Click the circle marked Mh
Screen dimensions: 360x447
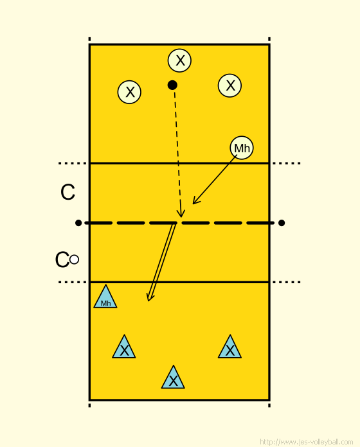(x=242, y=148)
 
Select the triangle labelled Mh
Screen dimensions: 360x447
(x=105, y=298)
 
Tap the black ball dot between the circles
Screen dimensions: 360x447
(x=172, y=85)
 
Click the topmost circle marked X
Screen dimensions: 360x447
(x=179, y=60)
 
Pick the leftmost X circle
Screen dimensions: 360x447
(x=129, y=92)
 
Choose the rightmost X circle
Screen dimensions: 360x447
(x=230, y=85)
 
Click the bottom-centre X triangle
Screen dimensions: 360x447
(x=173, y=378)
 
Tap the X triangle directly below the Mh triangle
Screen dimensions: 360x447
(x=124, y=348)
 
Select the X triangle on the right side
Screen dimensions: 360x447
(x=230, y=348)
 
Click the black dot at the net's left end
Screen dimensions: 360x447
(x=78, y=223)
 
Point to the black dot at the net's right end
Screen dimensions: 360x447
(x=282, y=223)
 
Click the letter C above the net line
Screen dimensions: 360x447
(x=68, y=192)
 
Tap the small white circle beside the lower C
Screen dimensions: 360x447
(x=74, y=259)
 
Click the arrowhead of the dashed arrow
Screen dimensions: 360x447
(x=181, y=217)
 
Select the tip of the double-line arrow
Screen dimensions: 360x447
(x=148, y=301)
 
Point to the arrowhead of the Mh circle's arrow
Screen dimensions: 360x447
(x=193, y=204)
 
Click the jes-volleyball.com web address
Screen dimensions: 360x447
(x=307, y=442)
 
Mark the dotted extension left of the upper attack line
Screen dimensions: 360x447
(x=73, y=163)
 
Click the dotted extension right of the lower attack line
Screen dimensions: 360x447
(x=287, y=282)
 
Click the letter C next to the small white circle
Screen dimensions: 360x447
(x=62, y=259)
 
